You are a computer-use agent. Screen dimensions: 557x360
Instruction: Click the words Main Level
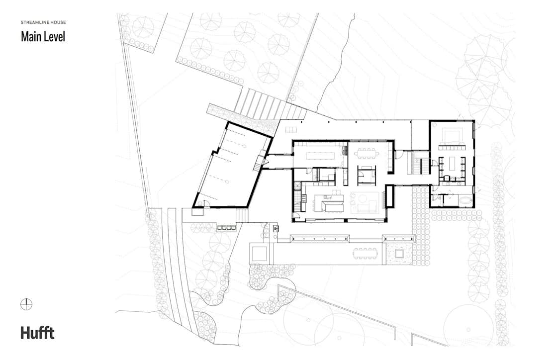(x=43, y=37)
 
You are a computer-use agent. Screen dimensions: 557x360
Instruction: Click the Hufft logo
(x=37, y=333)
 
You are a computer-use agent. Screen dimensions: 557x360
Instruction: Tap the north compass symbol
(x=26, y=304)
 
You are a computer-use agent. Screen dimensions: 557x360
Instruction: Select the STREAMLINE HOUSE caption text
(x=43, y=22)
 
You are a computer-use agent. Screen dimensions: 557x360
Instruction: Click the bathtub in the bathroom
(x=465, y=200)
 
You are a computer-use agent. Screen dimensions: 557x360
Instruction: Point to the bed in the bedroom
(x=452, y=136)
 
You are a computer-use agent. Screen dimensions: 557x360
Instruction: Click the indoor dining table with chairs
(x=367, y=153)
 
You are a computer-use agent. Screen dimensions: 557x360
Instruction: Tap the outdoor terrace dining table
(x=366, y=253)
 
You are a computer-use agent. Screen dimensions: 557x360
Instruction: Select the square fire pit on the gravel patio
(x=399, y=253)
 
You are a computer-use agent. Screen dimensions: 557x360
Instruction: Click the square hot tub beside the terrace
(x=259, y=253)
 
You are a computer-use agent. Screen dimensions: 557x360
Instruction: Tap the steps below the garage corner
(x=242, y=215)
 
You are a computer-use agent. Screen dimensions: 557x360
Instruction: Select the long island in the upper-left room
(x=319, y=156)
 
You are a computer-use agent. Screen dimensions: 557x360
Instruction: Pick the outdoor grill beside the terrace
(x=276, y=228)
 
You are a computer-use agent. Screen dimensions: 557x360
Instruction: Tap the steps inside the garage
(x=257, y=167)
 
